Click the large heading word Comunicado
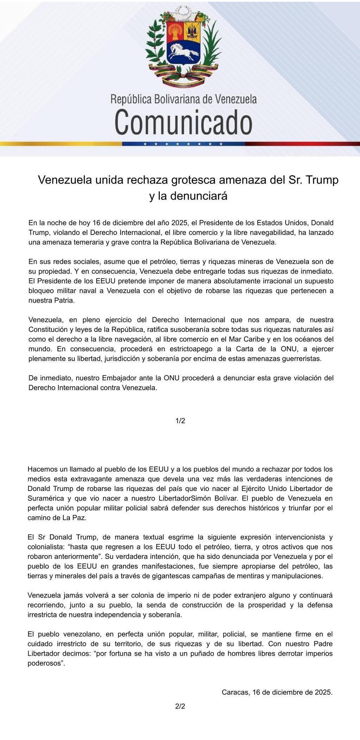pos(183,122)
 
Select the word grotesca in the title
pos(194,180)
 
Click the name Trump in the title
pos(322,180)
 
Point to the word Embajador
pos(118,378)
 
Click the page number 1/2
pos(180,421)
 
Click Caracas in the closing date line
pos(234,692)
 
